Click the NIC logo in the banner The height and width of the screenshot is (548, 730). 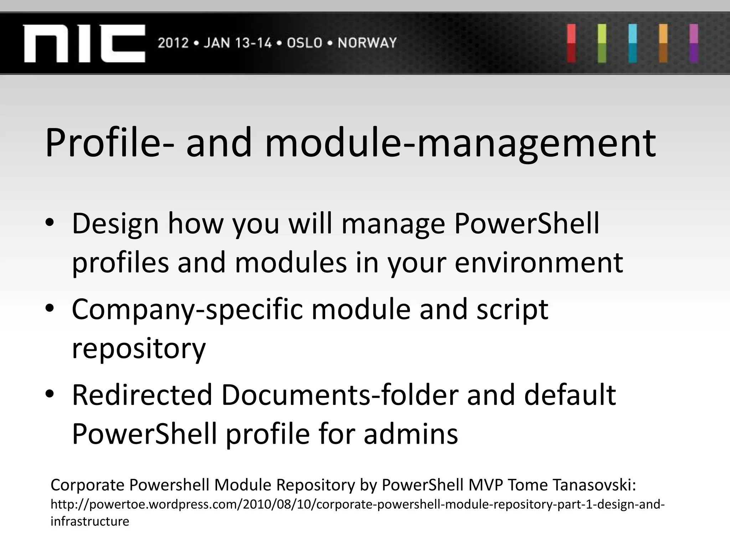point(84,44)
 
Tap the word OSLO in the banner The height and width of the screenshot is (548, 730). point(304,43)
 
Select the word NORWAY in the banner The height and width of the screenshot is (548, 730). point(367,43)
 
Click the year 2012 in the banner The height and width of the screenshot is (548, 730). point(173,43)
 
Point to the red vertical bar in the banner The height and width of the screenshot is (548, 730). point(571,43)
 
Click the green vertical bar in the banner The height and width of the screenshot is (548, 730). point(602,43)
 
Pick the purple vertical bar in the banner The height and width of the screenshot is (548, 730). point(693,43)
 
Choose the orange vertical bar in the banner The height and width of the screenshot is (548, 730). point(663,43)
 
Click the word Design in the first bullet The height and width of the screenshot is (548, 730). point(115,224)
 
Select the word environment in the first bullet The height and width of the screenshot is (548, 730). point(539,263)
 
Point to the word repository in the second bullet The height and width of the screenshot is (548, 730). point(139,349)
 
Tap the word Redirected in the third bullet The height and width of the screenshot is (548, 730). point(142,395)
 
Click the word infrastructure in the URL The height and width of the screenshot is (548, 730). point(90,521)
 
